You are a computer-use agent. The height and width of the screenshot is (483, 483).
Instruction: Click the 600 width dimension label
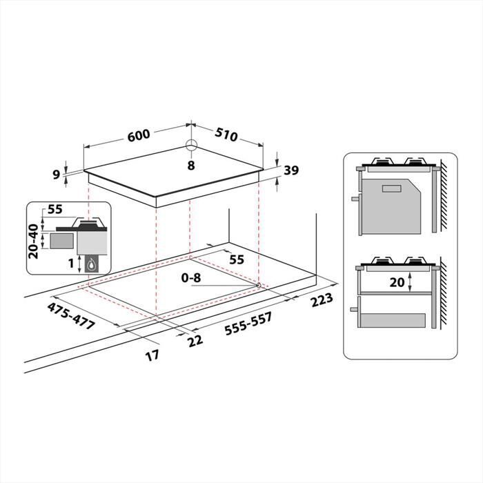[x=139, y=135]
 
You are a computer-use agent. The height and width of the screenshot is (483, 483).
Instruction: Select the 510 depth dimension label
[x=226, y=135]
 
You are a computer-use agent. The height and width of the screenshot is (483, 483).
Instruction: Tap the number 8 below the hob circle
[x=191, y=165]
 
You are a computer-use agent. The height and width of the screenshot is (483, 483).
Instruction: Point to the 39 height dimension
[x=290, y=171]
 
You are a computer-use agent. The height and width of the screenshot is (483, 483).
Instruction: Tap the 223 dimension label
[x=322, y=299]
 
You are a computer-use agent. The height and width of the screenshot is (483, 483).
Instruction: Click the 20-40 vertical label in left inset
[x=33, y=240]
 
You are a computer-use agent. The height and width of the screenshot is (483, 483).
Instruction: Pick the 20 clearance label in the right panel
[x=397, y=282]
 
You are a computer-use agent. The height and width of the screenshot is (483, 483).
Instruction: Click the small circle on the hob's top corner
[x=191, y=146]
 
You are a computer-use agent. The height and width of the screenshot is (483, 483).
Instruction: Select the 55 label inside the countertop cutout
[x=236, y=259]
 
